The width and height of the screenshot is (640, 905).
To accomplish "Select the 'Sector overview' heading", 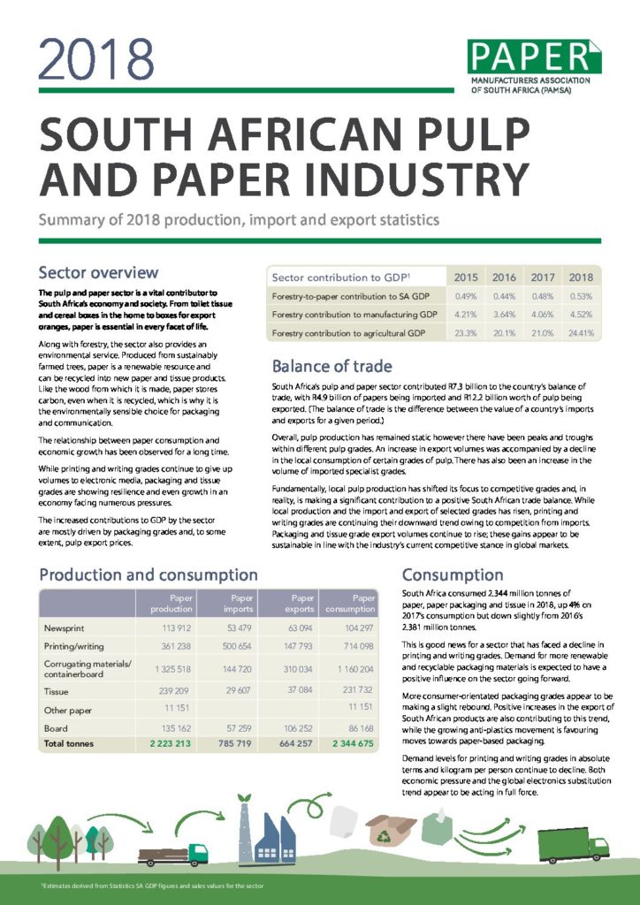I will (x=98, y=272).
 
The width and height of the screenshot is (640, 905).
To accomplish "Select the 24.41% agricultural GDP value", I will (x=581, y=334).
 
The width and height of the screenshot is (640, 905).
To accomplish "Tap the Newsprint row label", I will (x=65, y=627).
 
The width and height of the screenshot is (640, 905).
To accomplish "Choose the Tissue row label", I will (x=57, y=690).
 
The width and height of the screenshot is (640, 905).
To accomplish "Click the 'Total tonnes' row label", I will (x=72, y=744).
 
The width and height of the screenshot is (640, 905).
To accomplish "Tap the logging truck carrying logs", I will (x=171, y=854).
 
